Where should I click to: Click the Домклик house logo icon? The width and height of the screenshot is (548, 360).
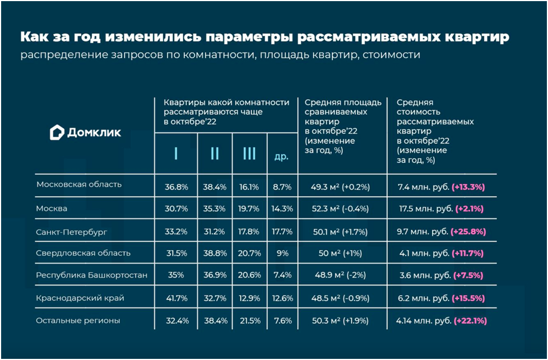57,133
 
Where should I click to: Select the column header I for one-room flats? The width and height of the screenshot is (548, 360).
176,153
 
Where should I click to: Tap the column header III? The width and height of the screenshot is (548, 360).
249,153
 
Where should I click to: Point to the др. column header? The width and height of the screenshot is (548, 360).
281,156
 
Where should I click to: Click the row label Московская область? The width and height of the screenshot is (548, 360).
78,184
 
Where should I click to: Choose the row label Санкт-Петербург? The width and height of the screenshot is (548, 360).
71,231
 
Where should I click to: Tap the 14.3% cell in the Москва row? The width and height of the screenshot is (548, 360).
282,208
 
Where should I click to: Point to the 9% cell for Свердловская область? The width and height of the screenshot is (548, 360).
282,253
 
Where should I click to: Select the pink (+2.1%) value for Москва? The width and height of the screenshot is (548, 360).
469,208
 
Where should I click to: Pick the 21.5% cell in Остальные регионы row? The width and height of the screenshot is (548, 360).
250,321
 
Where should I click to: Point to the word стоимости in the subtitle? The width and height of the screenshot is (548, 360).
392,55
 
